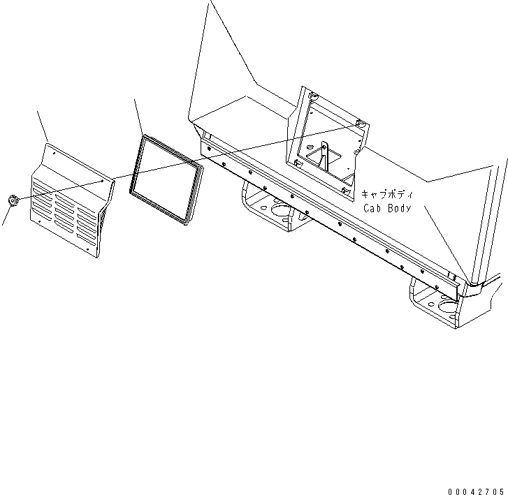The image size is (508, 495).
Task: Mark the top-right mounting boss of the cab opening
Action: [x=360, y=125]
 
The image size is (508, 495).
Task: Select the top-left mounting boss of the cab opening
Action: [x=312, y=96]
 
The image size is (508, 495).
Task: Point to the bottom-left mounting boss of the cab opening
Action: [x=298, y=163]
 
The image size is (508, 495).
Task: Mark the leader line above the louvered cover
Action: [x=43, y=126]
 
